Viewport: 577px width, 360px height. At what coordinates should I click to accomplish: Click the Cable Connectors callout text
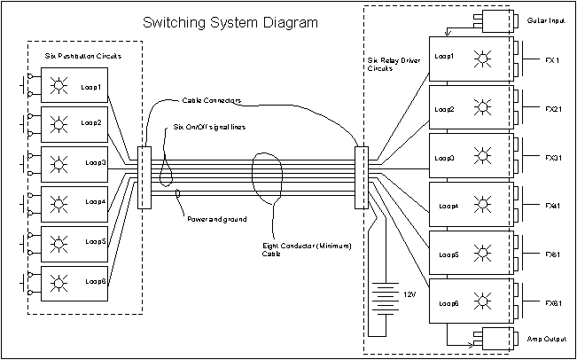coord(212,100)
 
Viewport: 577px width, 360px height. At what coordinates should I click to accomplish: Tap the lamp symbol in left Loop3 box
coord(59,162)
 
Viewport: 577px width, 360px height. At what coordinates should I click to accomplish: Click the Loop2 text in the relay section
coord(445,110)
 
